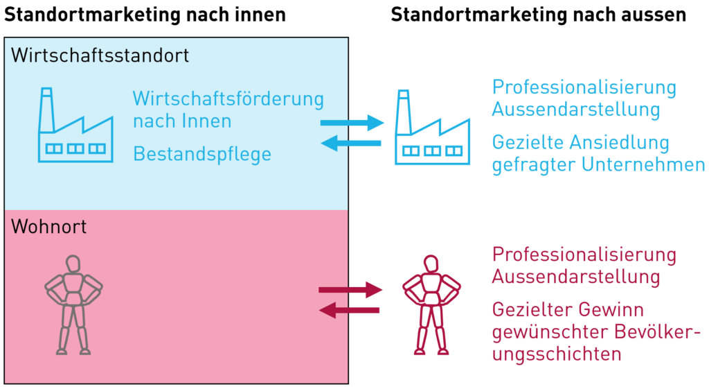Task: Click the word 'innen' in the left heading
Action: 255,15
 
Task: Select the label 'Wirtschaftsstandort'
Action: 100,55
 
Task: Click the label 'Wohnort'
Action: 48,226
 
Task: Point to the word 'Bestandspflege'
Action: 201,153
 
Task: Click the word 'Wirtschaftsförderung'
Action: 228,98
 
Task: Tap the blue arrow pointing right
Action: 352,123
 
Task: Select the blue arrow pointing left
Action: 350,144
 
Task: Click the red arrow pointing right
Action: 350,289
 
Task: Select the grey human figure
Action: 73,304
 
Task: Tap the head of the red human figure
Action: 431,264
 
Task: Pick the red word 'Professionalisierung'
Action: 584,254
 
